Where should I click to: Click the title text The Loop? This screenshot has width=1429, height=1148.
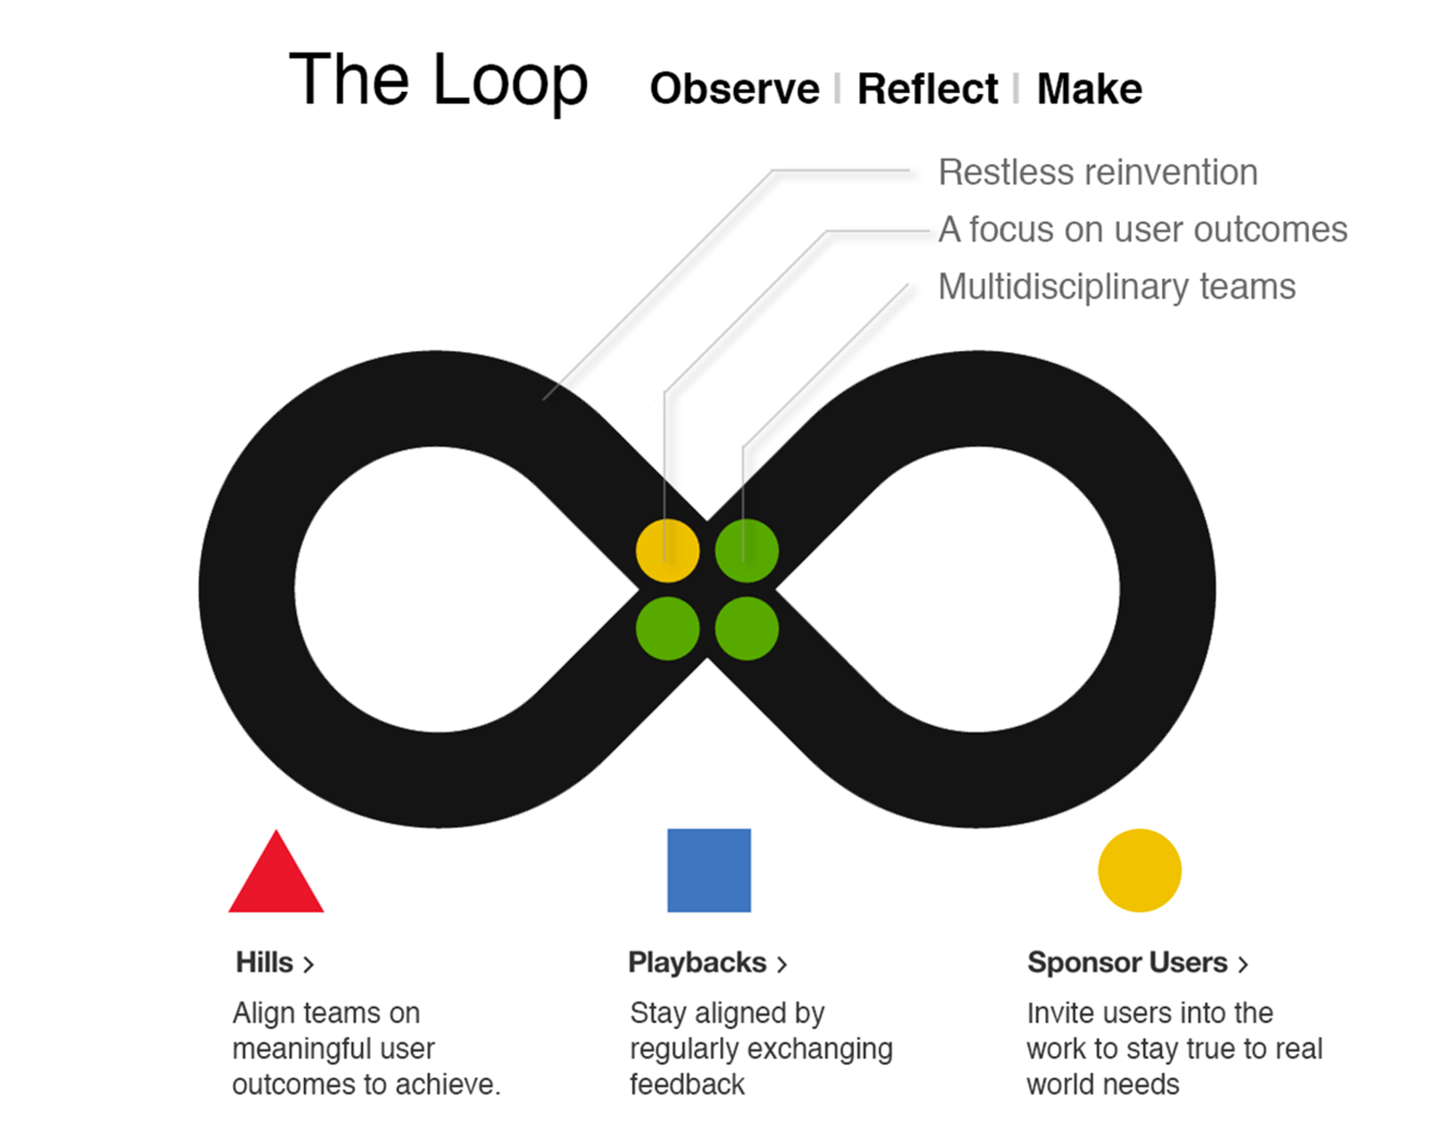(438, 80)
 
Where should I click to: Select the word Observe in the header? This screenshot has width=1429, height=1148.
(734, 89)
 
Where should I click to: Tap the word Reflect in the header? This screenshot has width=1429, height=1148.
(927, 89)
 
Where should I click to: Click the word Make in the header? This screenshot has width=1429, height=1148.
(1089, 89)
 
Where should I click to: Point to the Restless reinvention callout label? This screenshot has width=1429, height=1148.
(1097, 172)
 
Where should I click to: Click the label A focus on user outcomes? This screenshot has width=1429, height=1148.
(1141, 230)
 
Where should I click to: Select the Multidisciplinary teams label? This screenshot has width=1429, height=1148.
(1116, 287)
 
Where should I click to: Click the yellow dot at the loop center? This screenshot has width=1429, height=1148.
(667, 550)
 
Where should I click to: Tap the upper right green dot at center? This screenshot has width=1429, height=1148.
(747, 550)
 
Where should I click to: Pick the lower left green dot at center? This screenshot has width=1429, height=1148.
(667, 629)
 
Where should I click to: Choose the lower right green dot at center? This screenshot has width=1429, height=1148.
(747, 629)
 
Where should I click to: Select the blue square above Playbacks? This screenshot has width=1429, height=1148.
(709, 870)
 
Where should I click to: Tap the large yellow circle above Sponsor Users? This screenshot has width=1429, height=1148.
(1139, 870)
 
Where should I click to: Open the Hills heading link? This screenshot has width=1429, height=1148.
(265, 962)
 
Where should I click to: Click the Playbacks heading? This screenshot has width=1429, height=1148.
(697, 962)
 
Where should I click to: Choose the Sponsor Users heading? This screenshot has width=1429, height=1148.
(1127, 962)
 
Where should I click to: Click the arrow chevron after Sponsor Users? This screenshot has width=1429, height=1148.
(1242, 964)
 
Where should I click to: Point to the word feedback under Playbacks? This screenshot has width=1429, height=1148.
(687, 1085)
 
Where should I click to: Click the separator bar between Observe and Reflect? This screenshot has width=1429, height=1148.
(837, 89)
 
